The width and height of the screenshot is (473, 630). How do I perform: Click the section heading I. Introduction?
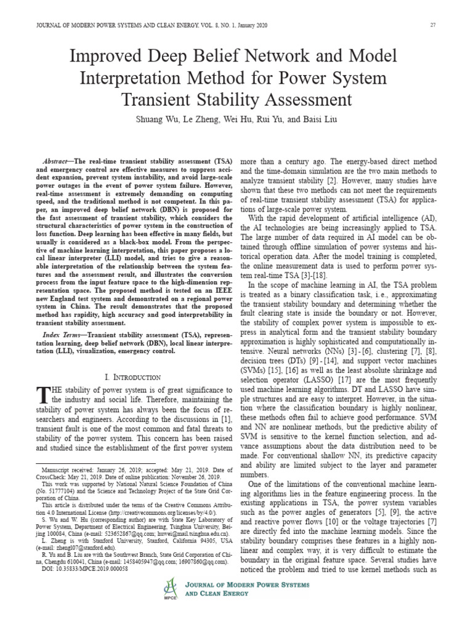pyautogui.click(x=133, y=377)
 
